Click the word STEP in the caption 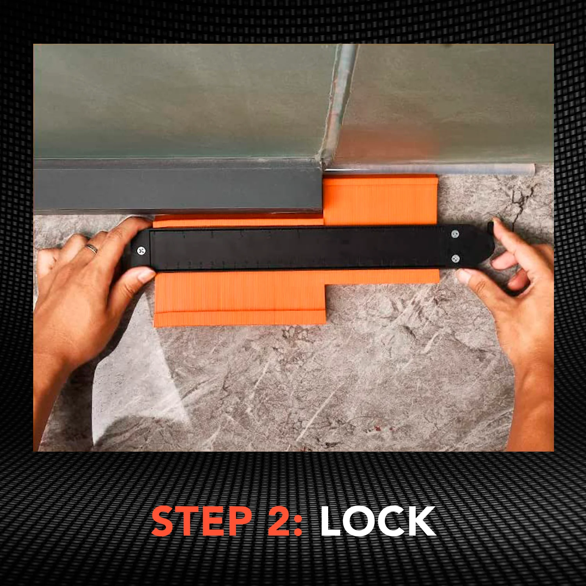pyautogui.click(x=202, y=521)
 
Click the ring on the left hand pyautogui.click(x=92, y=249)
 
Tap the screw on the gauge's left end pyautogui.click(x=142, y=250)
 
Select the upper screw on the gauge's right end pyautogui.click(x=455, y=234)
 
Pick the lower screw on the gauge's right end pyautogui.click(x=455, y=259)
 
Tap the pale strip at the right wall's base pyautogui.click(x=441, y=169)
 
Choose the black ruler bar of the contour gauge pyautogui.click(x=297, y=248)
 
